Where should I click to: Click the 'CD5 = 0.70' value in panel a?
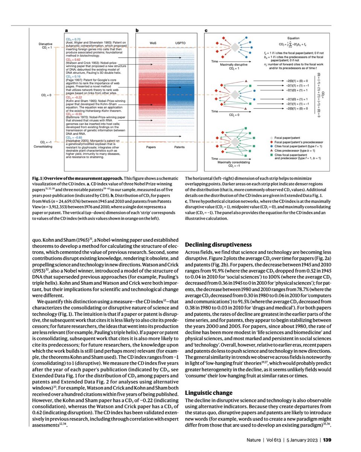74,39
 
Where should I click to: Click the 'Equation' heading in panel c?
293,38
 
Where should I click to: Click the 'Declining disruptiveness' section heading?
218,245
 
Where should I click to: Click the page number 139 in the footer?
327,439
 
